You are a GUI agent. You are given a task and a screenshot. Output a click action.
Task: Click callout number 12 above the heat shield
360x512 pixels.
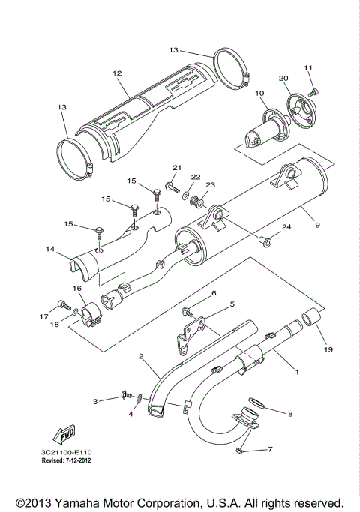pyautogui.click(x=117, y=73)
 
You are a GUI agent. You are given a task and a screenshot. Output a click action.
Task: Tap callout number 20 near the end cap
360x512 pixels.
pyautogui.click(x=283, y=79)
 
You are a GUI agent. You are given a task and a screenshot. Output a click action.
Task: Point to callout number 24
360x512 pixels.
pyautogui.click(x=286, y=228)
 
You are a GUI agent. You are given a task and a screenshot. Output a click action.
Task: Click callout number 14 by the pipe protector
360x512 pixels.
pyautogui.click(x=50, y=248)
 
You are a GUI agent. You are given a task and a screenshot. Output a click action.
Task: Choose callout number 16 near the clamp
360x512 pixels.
pyautogui.click(x=76, y=288)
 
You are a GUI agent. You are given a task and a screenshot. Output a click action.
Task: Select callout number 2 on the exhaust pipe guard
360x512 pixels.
pyautogui.click(x=140, y=358)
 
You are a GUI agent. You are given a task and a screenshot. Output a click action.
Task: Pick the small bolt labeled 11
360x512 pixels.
pyautogui.click(x=314, y=91)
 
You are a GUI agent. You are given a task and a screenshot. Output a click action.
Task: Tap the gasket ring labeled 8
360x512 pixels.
pyautogui.click(x=250, y=405)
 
